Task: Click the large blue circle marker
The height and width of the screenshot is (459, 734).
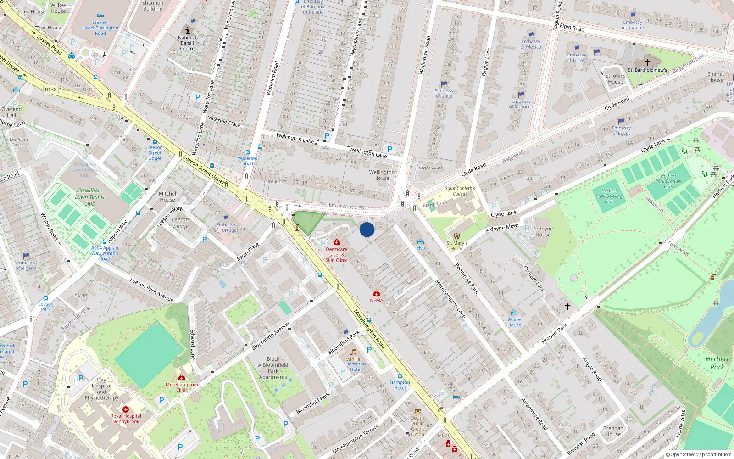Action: coord(367,229)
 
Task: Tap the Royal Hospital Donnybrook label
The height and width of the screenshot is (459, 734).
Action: coord(126,419)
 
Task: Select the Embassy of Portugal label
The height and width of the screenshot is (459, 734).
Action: coord(226,227)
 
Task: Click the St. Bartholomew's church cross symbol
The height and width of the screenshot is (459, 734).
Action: coord(648,62)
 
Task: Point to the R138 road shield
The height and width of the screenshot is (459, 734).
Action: coord(50,90)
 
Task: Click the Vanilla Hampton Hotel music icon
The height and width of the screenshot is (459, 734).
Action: coord(353,352)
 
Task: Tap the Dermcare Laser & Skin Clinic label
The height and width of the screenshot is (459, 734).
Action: coord(336,255)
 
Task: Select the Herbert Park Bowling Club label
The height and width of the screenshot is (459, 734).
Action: coord(609,196)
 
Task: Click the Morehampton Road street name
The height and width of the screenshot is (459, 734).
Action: coord(369,329)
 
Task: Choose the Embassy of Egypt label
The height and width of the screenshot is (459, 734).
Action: coord(621,131)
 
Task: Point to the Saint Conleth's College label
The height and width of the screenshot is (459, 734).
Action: coord(460,191)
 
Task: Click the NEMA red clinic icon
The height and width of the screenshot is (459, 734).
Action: coord(377,293)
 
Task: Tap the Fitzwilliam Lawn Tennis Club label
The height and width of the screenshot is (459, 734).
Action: coord(90,197)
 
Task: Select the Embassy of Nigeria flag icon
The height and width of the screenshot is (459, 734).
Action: coord(26,256)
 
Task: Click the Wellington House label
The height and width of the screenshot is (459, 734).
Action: coord(382,175)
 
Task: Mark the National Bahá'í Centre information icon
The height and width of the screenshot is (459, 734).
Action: coord(187,30)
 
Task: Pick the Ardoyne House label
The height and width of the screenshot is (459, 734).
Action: coord(543,232)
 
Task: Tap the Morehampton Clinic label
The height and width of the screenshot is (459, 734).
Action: coord(182,387)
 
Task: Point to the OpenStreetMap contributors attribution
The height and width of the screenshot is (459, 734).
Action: coord(698,454)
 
